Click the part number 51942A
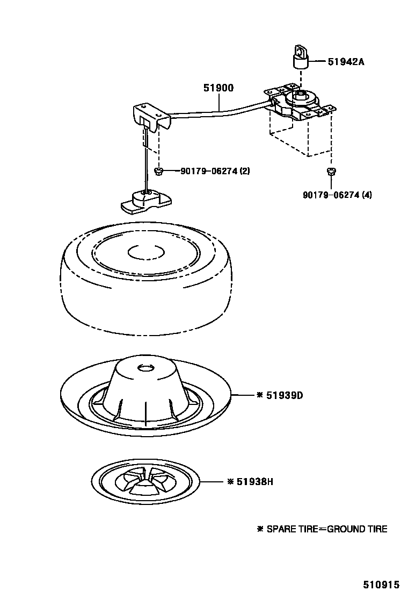(346, 61)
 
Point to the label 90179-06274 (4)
(337, 195)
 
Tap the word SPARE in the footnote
(281, 529)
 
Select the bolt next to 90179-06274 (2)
(158, 171)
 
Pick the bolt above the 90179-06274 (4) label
(331, 172)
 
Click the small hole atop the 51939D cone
(145, 367)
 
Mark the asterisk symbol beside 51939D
(260, 395)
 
